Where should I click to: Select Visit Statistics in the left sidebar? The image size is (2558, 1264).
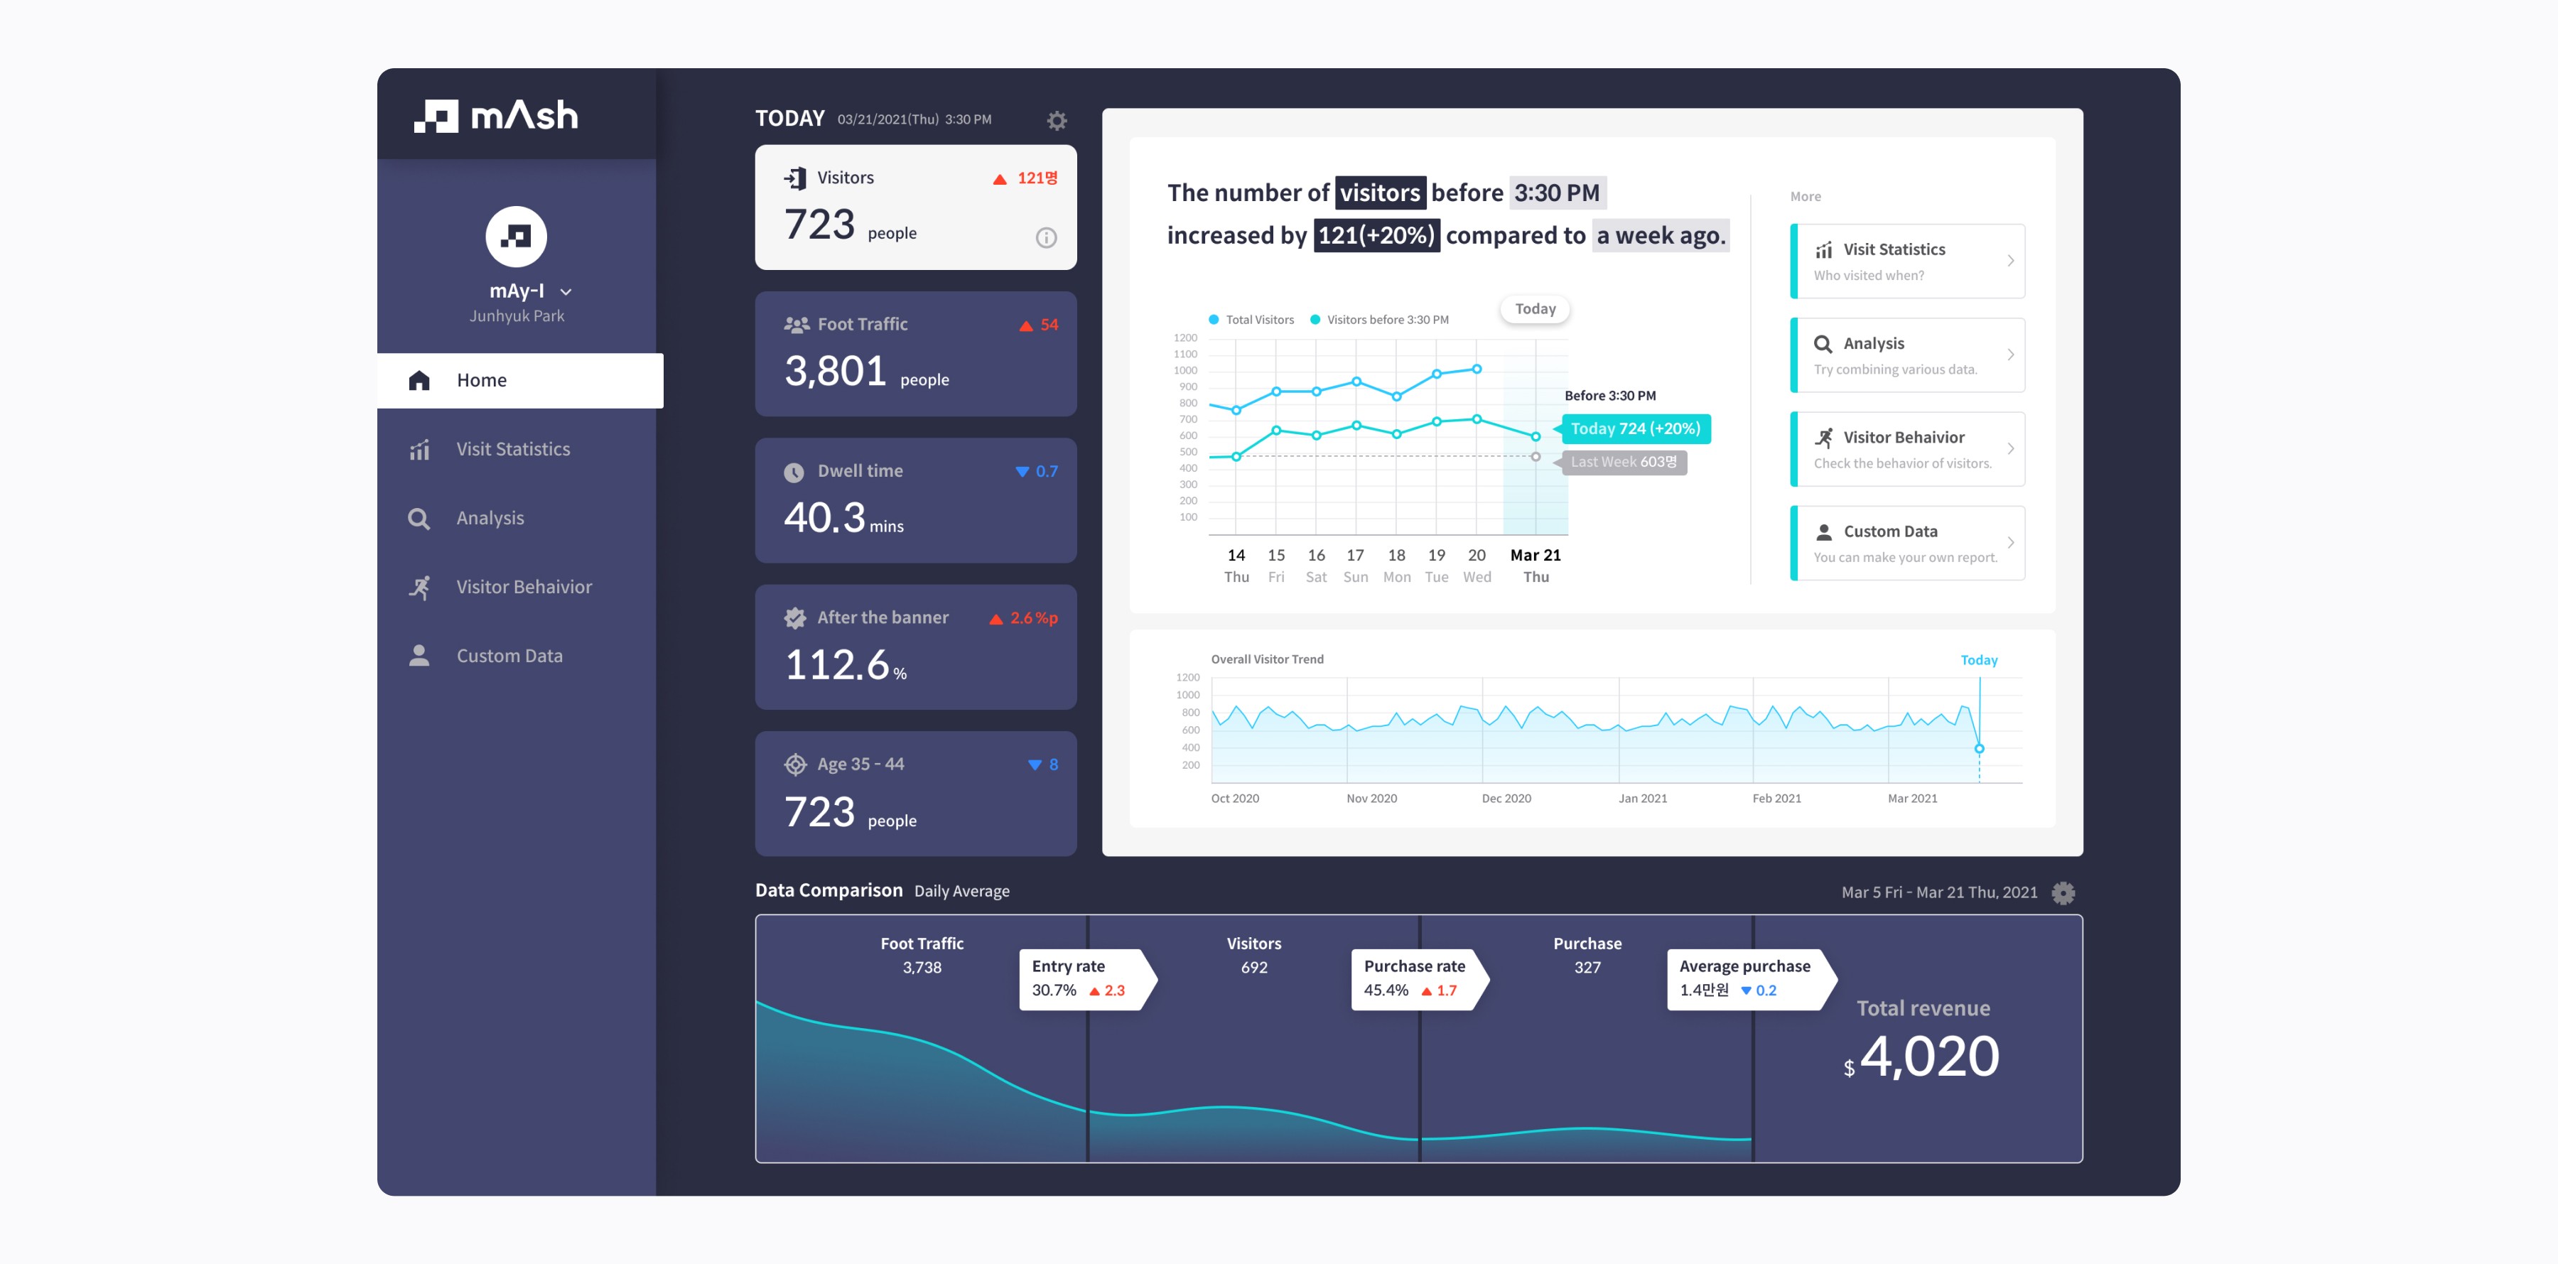coord(512,449)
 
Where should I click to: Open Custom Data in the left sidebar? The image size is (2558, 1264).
coord(509,655)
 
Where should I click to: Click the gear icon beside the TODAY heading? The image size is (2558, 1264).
coord(1057,120)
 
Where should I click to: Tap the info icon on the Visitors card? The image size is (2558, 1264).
coord(1046,237)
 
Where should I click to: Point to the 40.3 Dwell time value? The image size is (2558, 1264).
coord(824,517)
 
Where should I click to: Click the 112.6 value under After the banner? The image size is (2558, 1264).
coord(837,664)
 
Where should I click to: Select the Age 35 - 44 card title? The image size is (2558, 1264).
coord(860,765)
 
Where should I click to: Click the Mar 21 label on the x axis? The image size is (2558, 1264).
coord(1536,555)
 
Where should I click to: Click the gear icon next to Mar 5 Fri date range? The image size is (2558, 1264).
coord(2063,892)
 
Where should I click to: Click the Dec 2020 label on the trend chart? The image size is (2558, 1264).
coord(1506,799)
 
